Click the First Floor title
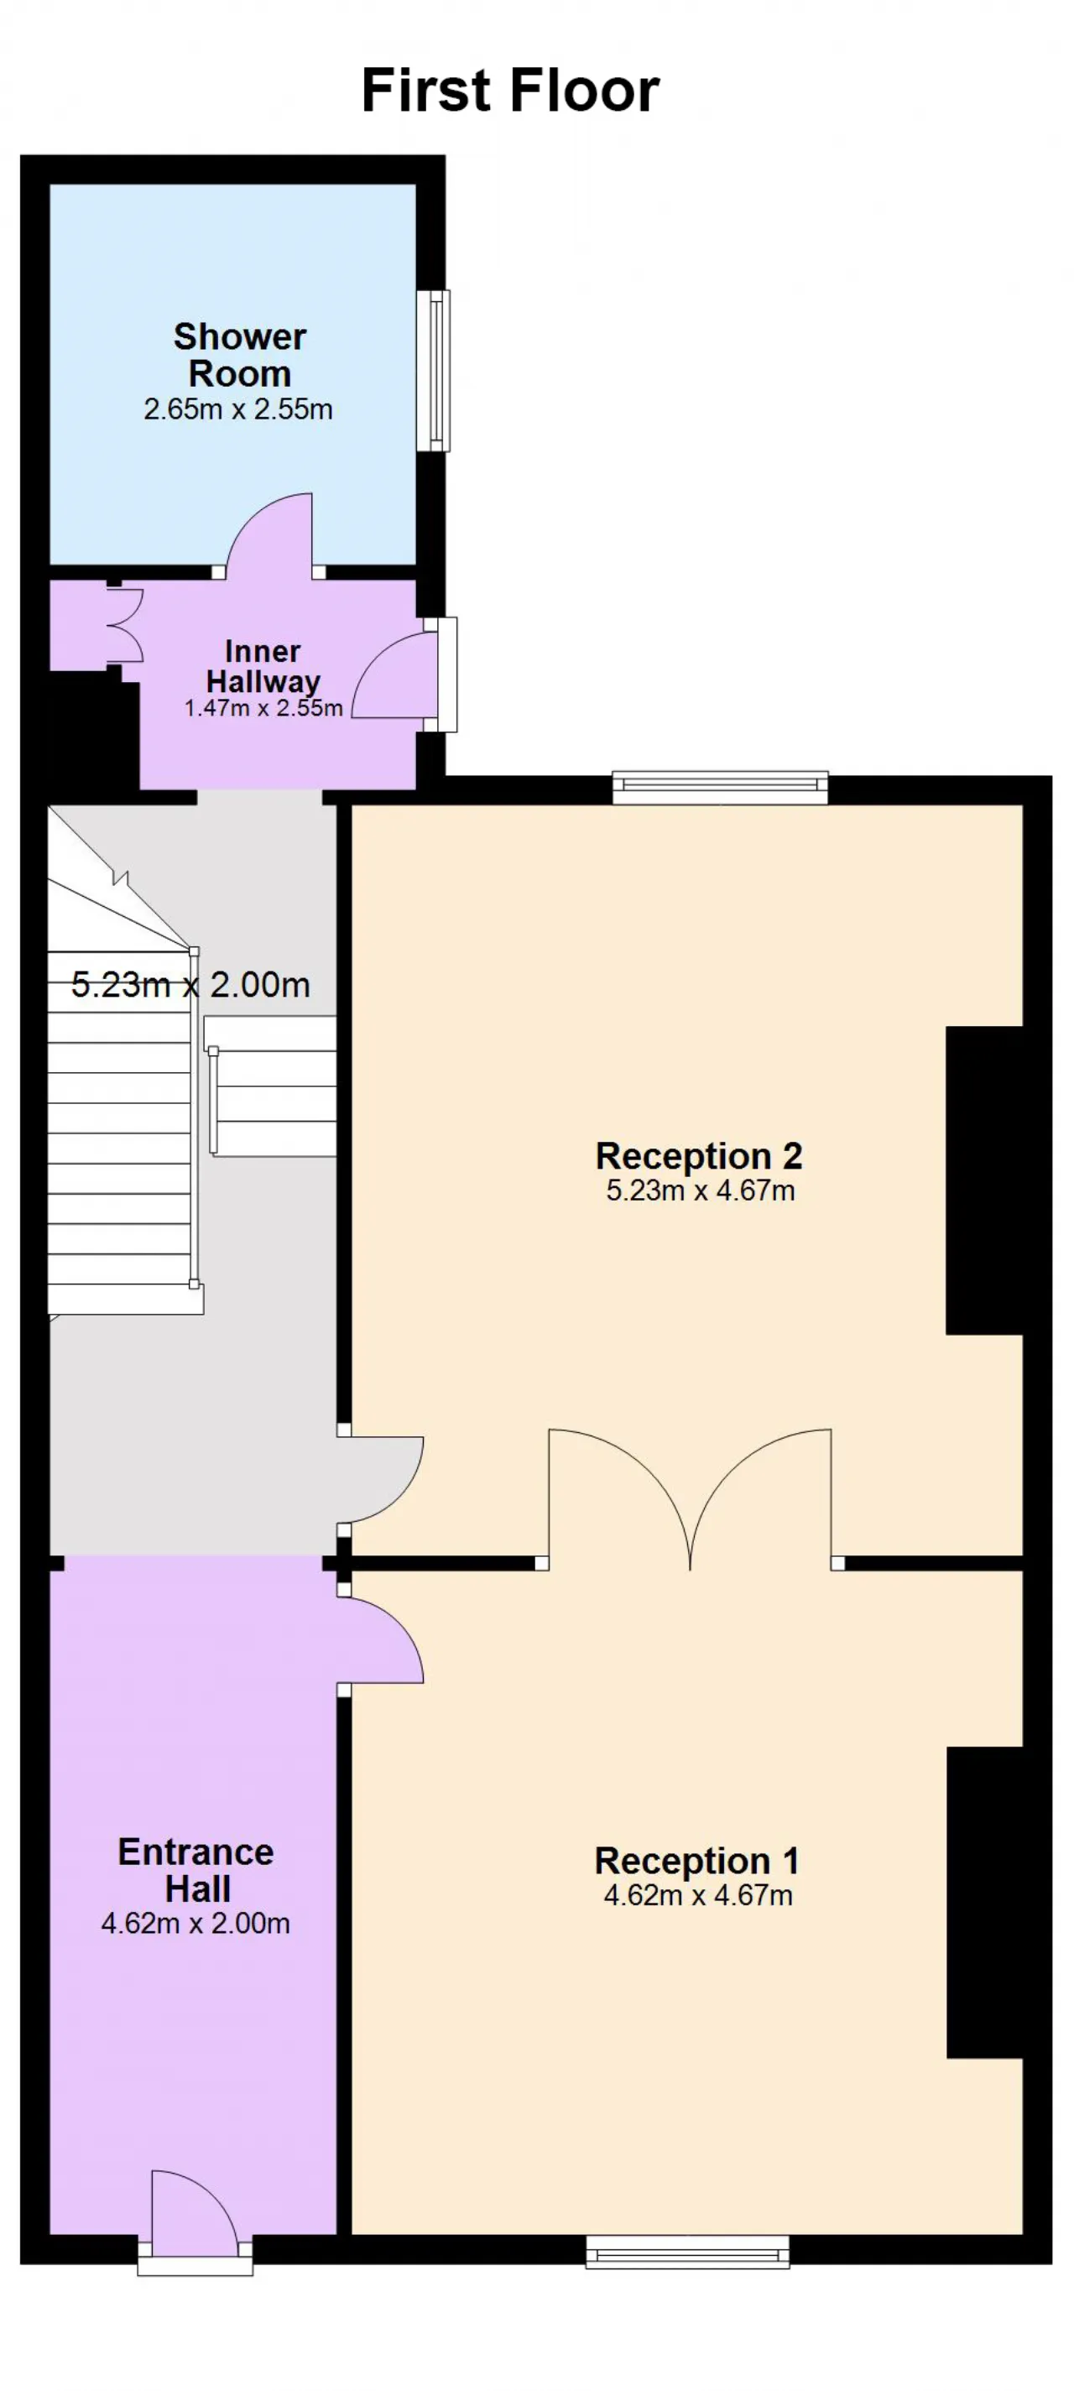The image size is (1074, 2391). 509,91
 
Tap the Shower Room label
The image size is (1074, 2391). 239,355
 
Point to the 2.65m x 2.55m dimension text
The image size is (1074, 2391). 238,409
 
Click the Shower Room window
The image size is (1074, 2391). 433,370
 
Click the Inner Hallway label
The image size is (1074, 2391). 263,666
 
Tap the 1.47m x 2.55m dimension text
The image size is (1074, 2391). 263,708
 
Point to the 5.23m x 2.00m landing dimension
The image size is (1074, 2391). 190,985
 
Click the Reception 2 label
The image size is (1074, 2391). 698,1157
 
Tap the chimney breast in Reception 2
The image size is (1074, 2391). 984,1180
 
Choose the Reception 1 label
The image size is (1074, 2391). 696,1861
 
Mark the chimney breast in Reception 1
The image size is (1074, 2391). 984,1903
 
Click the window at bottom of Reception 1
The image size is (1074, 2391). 687,2252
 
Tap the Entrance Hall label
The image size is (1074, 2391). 196,1870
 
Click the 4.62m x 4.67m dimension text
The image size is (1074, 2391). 698,1895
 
